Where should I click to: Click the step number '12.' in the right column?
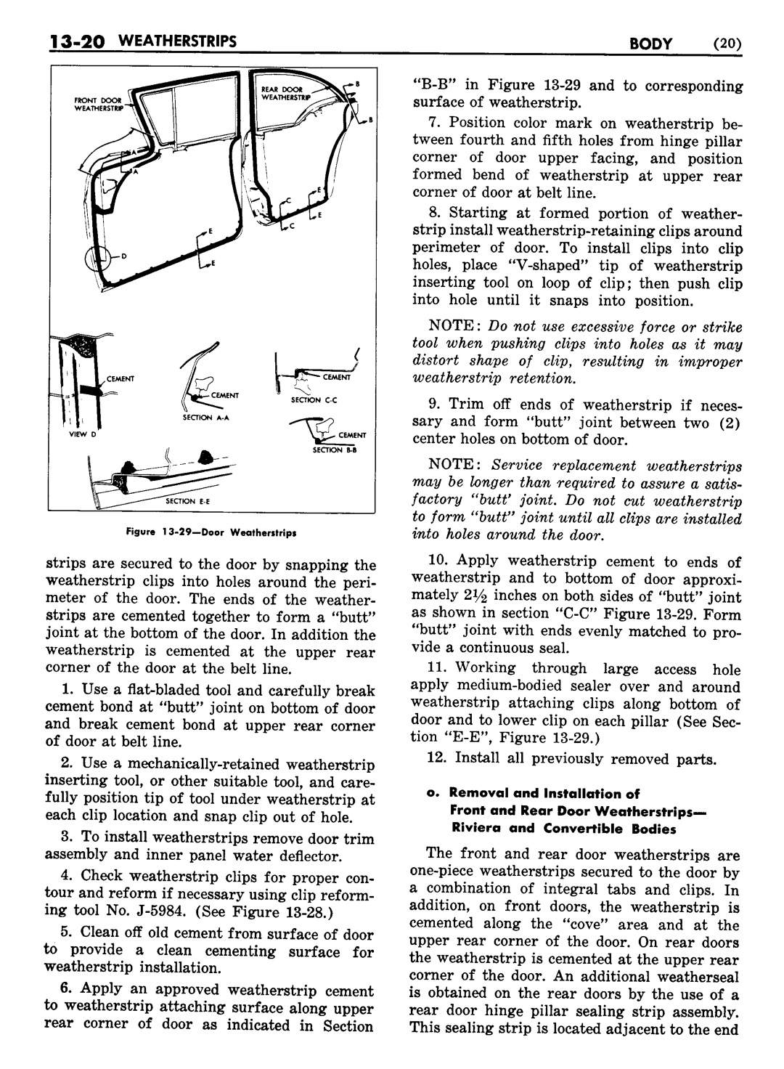(x=439, y=759)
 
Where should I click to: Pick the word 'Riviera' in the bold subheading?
(x=479, y=829)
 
